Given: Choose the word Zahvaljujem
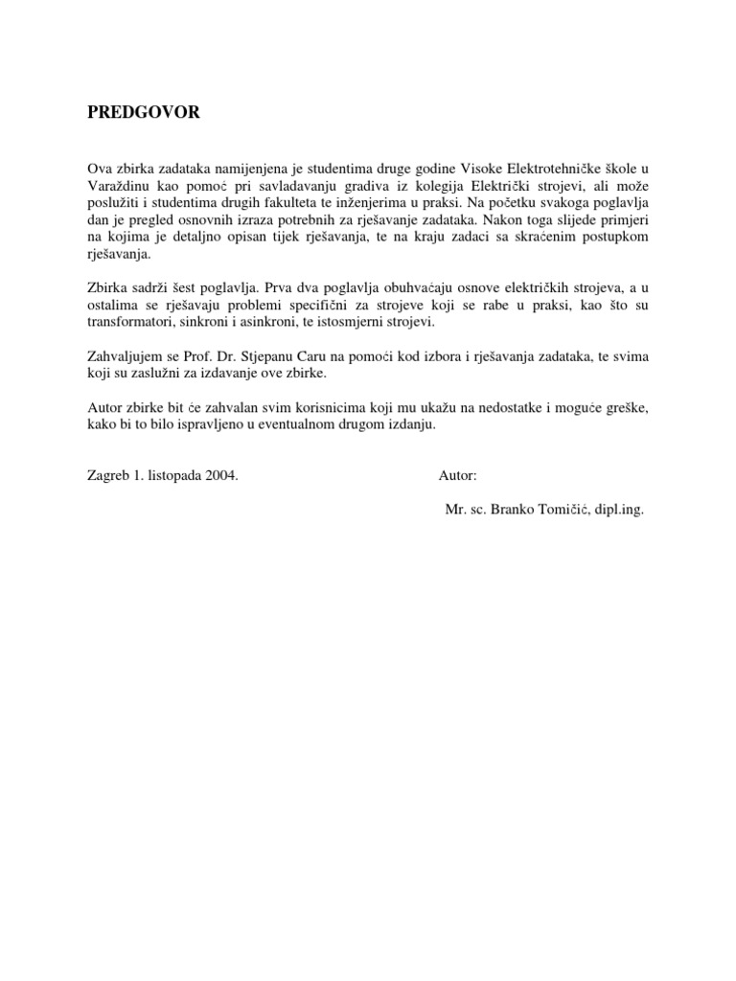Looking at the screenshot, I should (x=126, y=356).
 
